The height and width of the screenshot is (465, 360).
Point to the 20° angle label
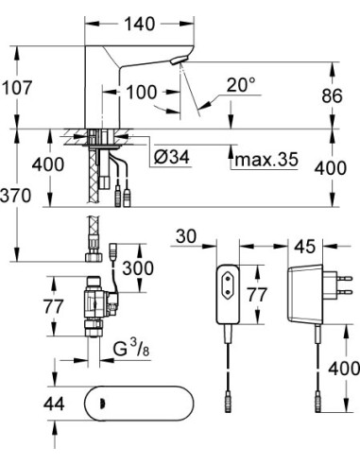240,85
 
